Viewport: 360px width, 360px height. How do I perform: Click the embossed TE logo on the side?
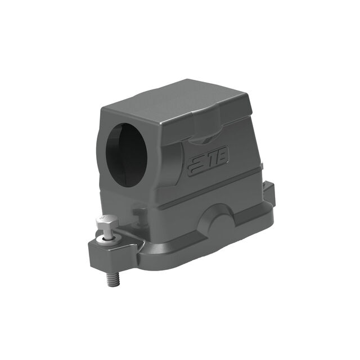coord(209,160)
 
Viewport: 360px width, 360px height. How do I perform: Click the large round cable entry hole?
coord(126,155)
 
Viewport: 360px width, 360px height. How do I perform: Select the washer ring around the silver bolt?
coord(107,240)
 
